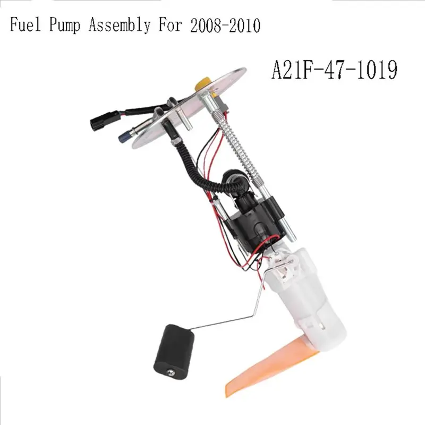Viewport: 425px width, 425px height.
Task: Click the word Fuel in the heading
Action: pyautogui.click(x=25, y=25)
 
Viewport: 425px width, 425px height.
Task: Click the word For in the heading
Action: pyautogui.click(x=170, y=25)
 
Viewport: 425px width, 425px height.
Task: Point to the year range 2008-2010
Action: pyautogui.click(x=225, y=25)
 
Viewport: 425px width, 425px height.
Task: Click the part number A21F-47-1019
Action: pyautogui.click(x=335, y=70)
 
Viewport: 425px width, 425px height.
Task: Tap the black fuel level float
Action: pyautogui.click(x=174, y=348)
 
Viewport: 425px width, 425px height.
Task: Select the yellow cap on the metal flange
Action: pyautogui.click(x=203, y=83)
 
